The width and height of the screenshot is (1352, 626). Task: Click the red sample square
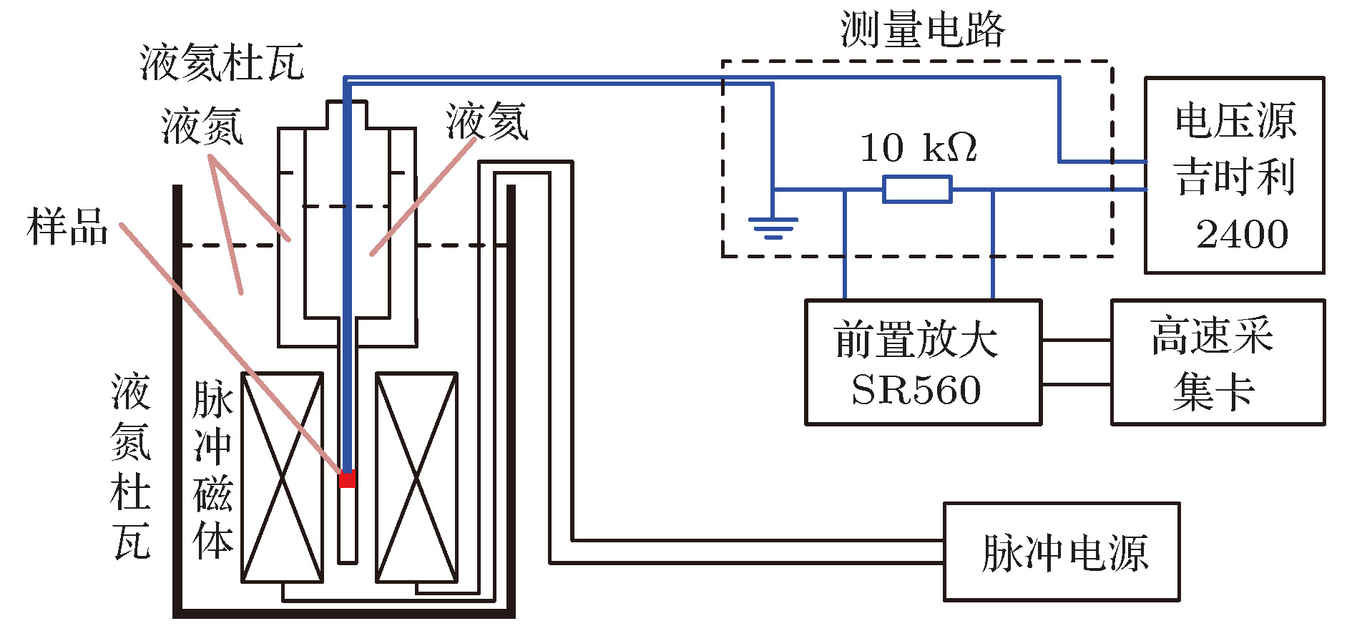click(347, 479)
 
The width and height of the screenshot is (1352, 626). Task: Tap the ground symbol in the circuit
click(773, 228)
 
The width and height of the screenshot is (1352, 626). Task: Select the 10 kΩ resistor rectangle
click(917, 190)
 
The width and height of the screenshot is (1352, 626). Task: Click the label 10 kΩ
click(918, 148)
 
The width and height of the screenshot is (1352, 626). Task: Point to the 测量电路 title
click(923, 30)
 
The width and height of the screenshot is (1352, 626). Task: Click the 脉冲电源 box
click(1061, 552)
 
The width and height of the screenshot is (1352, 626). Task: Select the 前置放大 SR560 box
click(923, 362)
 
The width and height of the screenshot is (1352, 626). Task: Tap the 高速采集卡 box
click(1217, 362)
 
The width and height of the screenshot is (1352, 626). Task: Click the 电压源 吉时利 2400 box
click(1234, 175)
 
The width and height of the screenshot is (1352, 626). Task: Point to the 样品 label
click(67, 228)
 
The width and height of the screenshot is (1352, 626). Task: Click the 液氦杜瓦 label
click(222, 63)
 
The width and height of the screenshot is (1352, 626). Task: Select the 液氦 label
click(487, 122)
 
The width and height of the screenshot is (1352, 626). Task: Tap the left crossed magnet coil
click(282, 477)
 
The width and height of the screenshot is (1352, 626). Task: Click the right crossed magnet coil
click(416, 477)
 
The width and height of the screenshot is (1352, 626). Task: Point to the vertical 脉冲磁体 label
click(212, 469)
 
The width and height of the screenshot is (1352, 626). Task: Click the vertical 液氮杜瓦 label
click(131, 465)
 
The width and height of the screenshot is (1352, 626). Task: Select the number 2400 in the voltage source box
click(1242, 235)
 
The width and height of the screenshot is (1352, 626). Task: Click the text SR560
click(916, 390)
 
